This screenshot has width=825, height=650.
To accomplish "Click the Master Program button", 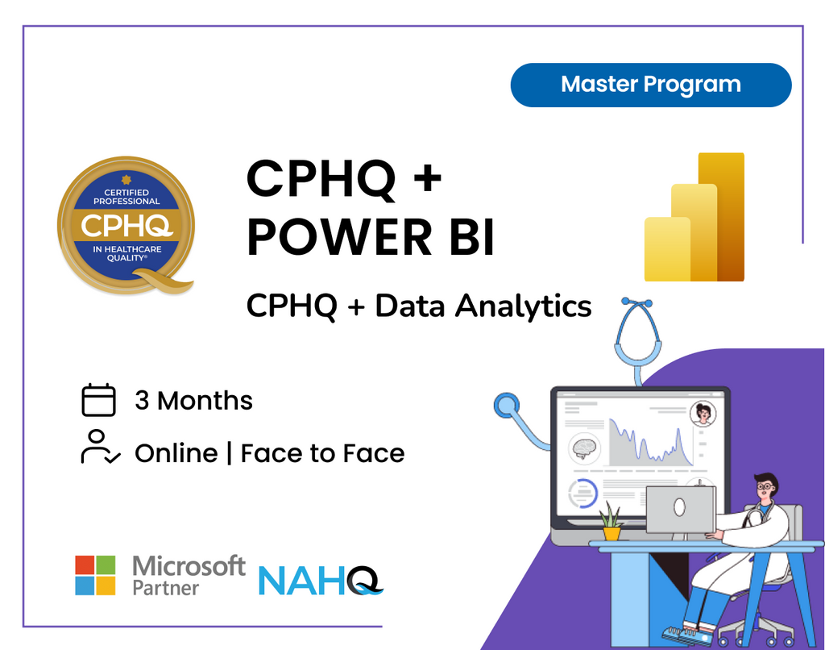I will coord(651,85).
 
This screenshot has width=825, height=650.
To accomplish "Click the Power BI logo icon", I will coord(694,218).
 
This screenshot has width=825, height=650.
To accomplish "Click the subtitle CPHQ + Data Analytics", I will coord(419,306).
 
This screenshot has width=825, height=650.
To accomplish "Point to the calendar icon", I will coord(99,401).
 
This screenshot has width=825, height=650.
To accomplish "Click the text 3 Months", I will coord(193,401).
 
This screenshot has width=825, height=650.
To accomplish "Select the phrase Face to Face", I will coord(322,453).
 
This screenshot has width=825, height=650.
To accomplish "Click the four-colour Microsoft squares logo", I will coord(96,575).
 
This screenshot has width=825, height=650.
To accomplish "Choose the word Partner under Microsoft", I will coord(165,588).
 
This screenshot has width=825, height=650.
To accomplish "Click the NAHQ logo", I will coord(320,580).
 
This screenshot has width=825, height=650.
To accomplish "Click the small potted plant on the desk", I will coord(612,522).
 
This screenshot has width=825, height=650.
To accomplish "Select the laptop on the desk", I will coord(680,510).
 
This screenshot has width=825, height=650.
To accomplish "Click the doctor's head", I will coord(766,487).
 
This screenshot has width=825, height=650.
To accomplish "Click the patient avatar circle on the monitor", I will coord(703,413).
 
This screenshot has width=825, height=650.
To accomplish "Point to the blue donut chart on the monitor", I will coord(582,494).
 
